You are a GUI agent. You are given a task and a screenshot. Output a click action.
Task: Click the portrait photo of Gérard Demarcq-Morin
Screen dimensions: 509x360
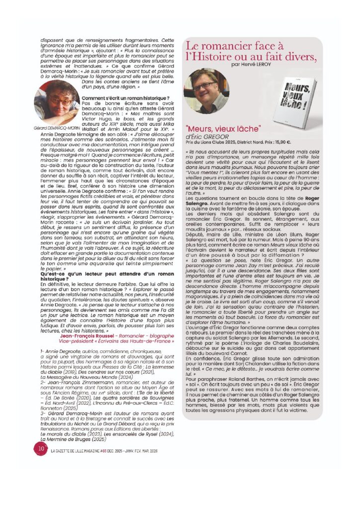[x=56, y=104]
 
